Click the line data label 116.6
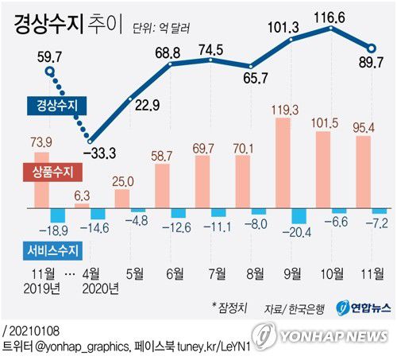coord(330,14)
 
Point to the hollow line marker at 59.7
coord(50,73)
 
